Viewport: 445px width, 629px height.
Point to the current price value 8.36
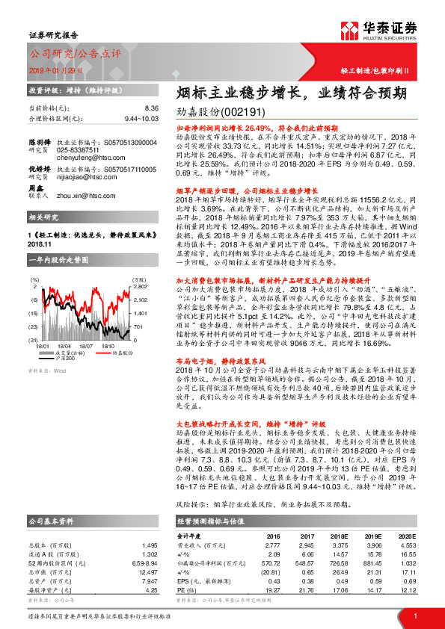pyautogui.click(x=152, y=108)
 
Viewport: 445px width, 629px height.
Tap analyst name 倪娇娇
pyautogui.click(x=39, y=170)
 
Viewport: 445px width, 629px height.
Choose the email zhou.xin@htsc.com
pyautogui.click(x=83, y=196)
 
